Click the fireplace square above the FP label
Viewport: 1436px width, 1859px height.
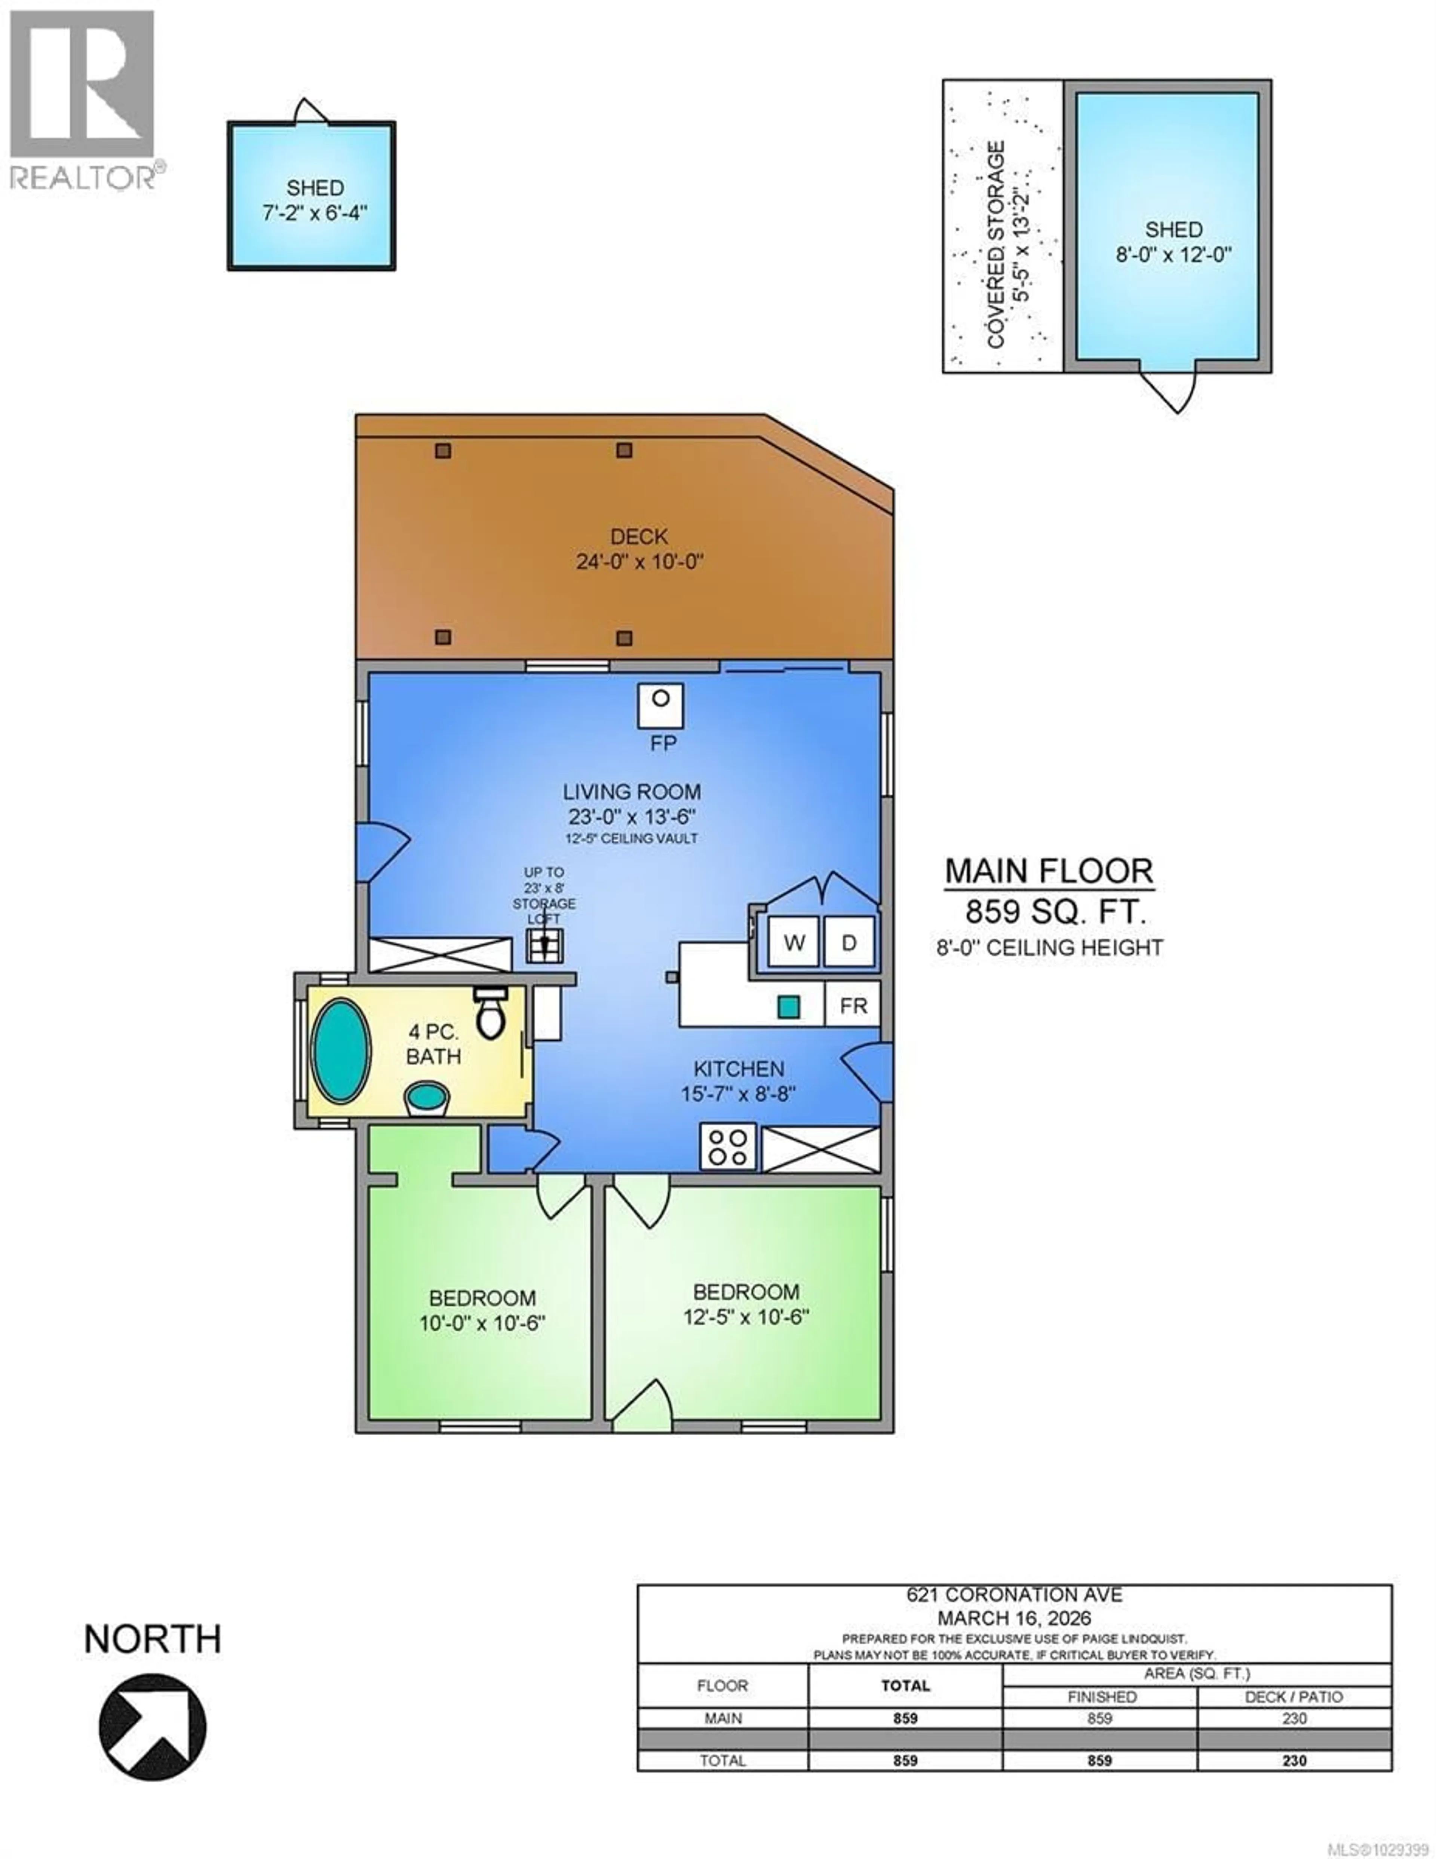[660, 705]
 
